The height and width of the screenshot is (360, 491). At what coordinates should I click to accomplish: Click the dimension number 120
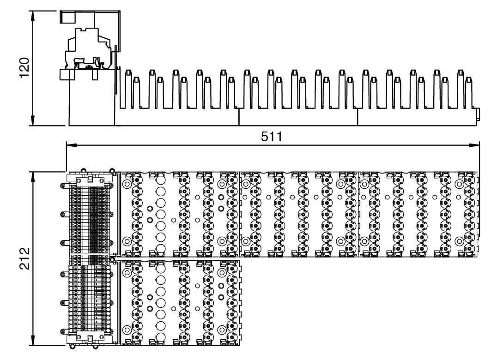point(24,67)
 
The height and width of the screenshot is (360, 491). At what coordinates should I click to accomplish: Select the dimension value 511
point(272,137)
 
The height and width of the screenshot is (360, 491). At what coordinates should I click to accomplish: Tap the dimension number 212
point(24,258)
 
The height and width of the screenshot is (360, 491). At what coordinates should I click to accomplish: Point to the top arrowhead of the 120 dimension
point(33,16)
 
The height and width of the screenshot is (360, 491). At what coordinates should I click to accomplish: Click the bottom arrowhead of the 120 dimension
point(33,121)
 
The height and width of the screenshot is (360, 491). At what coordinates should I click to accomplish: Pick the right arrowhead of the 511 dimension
point(474,145)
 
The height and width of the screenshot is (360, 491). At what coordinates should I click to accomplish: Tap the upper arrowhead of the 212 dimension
point(33,177)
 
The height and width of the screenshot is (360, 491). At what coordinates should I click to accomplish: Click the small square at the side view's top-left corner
point(67,17)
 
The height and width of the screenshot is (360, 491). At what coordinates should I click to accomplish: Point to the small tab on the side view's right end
point(478,114)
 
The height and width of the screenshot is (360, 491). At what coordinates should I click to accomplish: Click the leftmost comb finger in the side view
point(127,89)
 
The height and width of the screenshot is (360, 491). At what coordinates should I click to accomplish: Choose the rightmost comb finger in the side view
point(468,93)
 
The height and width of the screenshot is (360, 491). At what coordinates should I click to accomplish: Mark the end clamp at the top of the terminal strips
point(90,180)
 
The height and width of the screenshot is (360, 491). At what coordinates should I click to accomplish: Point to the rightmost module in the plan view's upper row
point(418,214)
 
